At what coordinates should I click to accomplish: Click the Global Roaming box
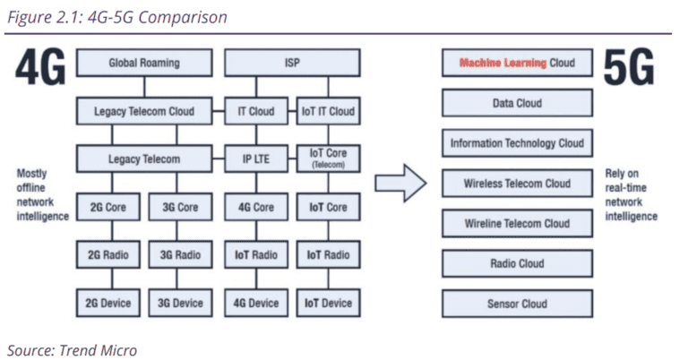143,64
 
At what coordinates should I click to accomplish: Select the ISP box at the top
292,64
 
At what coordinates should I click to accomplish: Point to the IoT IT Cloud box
328,112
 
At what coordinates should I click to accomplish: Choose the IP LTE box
256,159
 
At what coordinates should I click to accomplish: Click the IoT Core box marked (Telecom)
328,159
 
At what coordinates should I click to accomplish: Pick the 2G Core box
107,207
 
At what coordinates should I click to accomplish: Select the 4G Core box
256,207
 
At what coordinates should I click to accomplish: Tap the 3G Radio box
181,255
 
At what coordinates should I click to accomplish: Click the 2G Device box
107,303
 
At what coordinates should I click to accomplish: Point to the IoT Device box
328,303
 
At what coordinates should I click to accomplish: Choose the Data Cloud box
517,103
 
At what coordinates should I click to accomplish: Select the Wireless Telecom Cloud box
517,184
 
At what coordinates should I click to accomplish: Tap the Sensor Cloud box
517,304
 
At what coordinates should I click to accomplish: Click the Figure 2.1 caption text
116,16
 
